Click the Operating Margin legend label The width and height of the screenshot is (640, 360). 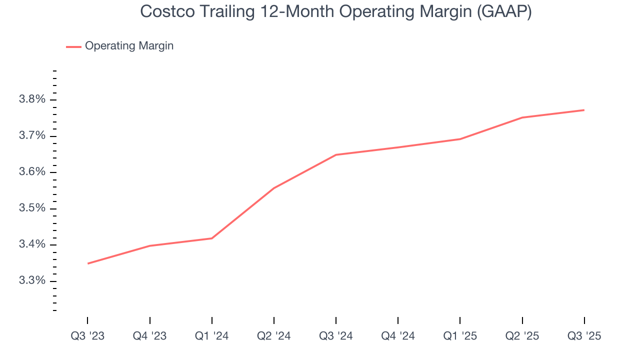tap(129, 46)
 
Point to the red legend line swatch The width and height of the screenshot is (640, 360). tap(73, 46)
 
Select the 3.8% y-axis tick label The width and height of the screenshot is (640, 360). tap(32, 99)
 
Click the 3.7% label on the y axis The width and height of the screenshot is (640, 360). tap(32, 136)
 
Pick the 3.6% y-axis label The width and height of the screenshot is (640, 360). tap(32, 172)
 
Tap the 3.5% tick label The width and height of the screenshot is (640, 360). tap(32, 208)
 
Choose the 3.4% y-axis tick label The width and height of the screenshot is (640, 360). tap(32, 244)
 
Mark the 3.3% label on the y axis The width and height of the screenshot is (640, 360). tap(32, 280)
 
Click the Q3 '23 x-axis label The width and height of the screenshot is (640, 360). tap(87, 336)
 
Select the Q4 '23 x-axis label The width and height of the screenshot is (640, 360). tap(149, 336)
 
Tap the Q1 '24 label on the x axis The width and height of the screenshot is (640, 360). tap(212, 336)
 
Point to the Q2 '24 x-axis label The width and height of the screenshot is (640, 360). tap(274, 336)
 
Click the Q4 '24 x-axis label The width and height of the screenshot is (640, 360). tap(398, 336)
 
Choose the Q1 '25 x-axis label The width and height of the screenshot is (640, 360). tap(460, 336)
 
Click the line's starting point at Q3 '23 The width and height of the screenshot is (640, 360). tap(88, 263)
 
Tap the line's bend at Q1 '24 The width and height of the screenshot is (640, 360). tap(212, 238)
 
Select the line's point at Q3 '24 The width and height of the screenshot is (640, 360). tap(336, 154)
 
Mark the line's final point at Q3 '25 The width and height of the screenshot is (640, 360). tap(584, 110)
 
